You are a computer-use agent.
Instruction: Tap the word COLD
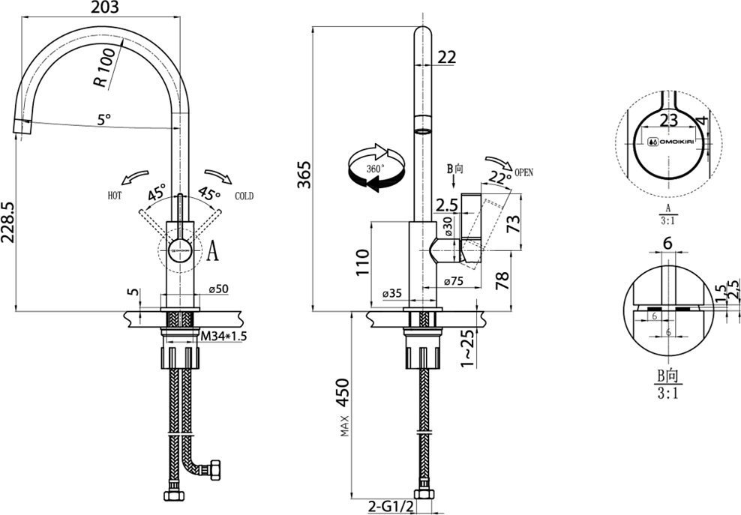[244, 196]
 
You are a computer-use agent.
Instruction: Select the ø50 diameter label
[218, 289]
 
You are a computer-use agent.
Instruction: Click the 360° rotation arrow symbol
[373, 168]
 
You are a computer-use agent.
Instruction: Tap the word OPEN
[523, 172]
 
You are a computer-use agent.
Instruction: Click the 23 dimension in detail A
[668, 120]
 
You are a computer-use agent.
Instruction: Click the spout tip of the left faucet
[22, 127]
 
